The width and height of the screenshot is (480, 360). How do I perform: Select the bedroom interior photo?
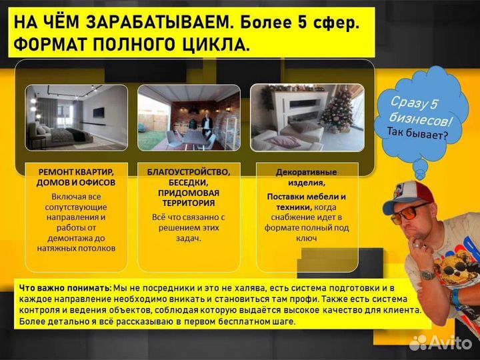[x=77, y=118]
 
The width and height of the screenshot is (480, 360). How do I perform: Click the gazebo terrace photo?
[x=188, y=118]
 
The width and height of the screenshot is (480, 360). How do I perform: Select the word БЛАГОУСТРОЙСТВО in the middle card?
[x=189, y=172]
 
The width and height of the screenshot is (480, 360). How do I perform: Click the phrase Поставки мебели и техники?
[x=307, y=202]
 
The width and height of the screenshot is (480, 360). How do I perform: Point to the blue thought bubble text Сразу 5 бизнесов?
[x=415, y=111]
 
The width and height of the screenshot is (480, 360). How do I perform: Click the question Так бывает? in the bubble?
[x=417, y=133]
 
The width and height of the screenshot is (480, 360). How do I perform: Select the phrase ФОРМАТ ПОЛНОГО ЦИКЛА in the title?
[x=133, y=45]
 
